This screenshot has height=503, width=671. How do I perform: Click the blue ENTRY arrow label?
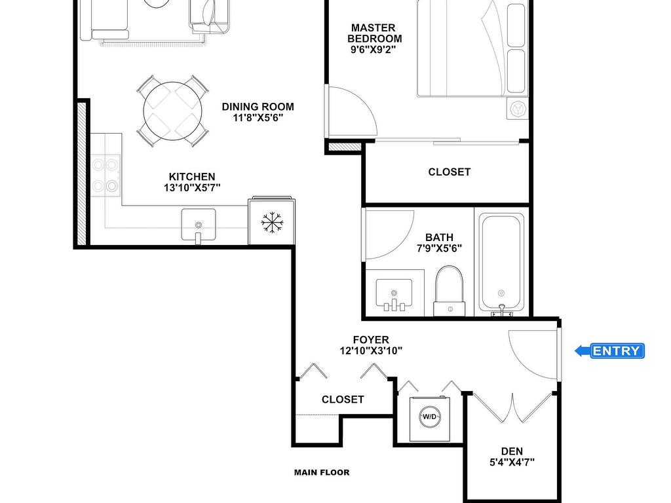point(610,351)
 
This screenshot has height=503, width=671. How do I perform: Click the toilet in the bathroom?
point(450,291)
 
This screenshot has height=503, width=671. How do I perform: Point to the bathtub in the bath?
point(501,263)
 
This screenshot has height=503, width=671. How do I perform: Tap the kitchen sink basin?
point(198,225)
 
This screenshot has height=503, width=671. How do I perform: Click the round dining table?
point(172,111)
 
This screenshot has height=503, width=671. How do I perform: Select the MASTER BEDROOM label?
point(374,33)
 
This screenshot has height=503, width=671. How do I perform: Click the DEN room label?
point(512,451)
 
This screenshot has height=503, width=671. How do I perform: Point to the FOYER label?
point(371,340)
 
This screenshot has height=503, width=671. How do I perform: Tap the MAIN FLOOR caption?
point(322,473)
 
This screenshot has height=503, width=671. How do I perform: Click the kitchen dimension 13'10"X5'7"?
point(192,187)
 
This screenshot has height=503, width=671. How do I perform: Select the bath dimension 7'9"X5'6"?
point(439,248)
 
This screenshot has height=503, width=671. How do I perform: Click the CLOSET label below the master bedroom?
point(450,172)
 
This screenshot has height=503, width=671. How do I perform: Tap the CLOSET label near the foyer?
point(343,400)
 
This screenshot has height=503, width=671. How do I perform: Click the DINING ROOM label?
point(258,107)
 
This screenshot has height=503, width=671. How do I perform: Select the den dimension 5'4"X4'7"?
point(512,462)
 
